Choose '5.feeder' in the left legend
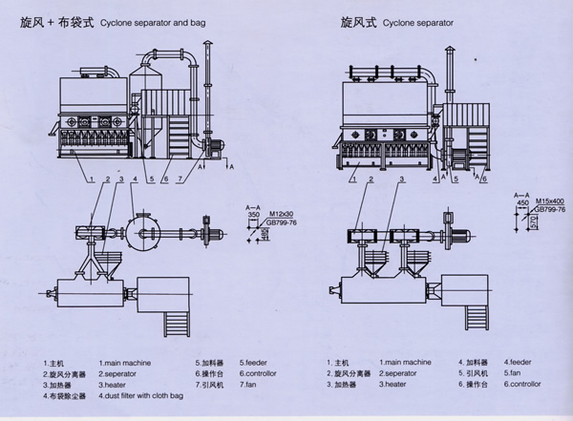[x=254, y=363]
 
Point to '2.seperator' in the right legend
[x=401, y=373]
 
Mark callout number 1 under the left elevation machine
[x=89, y=179]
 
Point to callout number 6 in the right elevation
[x=483, y=179]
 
